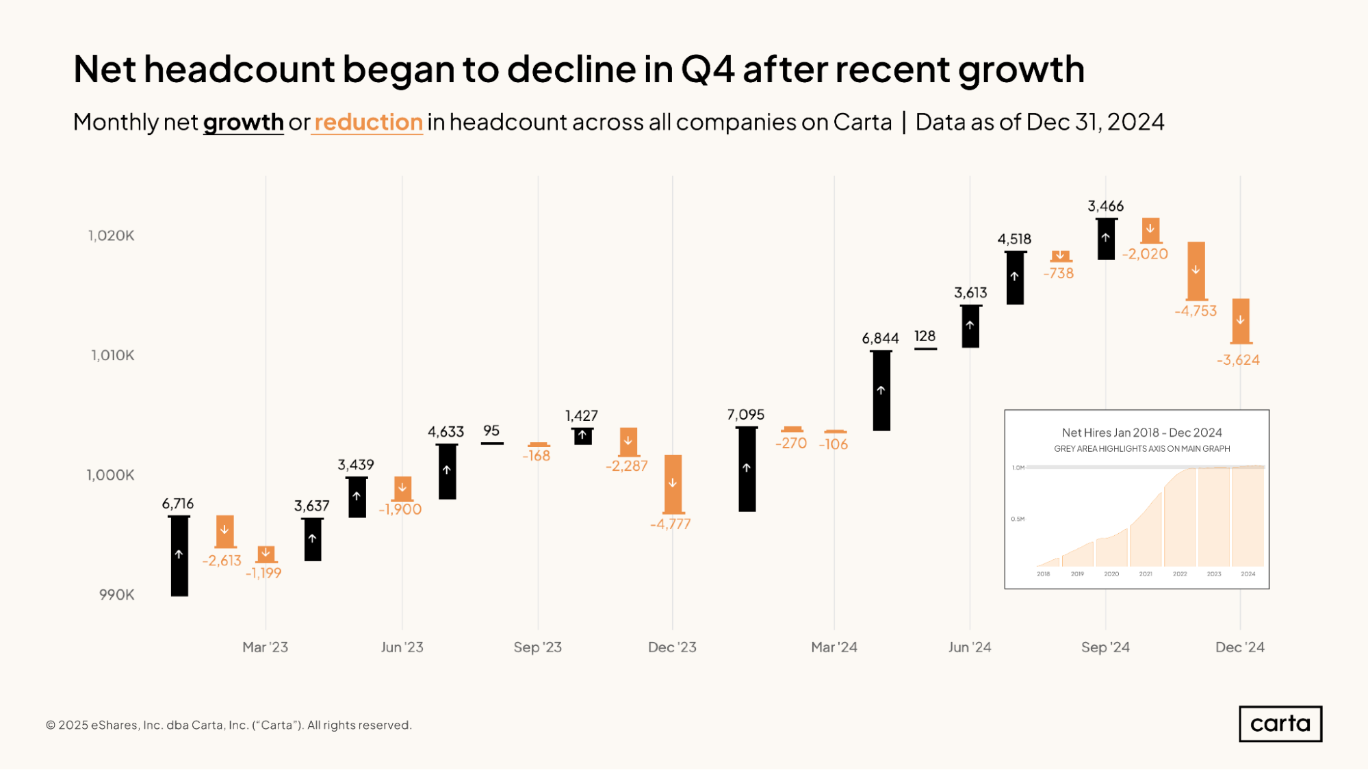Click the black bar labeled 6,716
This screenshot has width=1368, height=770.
coord(179,556)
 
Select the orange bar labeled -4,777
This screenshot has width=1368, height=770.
coord(673,484)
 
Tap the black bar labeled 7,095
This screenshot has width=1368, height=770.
coord(747,469)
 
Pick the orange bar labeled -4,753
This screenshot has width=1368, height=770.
coord(1196,271)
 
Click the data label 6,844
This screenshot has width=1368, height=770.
coord(880,338)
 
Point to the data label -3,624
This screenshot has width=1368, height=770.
coord(1238,360)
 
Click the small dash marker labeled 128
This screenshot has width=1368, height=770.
coord(925,349)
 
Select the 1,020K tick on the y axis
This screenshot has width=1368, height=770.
coord(112,236)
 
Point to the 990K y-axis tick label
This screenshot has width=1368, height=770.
coord(117,595)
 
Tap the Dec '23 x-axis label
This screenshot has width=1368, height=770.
coord(672,647)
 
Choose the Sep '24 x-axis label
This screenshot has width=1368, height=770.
coord(1105,647)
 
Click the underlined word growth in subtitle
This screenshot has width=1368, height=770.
coord(243,123)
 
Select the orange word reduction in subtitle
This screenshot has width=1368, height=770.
coord(368,123)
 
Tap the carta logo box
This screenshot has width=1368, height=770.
coord(1280,723)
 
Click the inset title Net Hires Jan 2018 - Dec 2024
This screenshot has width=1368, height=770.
coord(1141,433)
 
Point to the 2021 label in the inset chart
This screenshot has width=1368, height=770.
coord(1146,574)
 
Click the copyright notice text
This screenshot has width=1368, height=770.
coord(229,725)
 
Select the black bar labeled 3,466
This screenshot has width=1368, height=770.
coord(1106,239)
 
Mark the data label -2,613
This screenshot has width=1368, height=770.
coord(222,561)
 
